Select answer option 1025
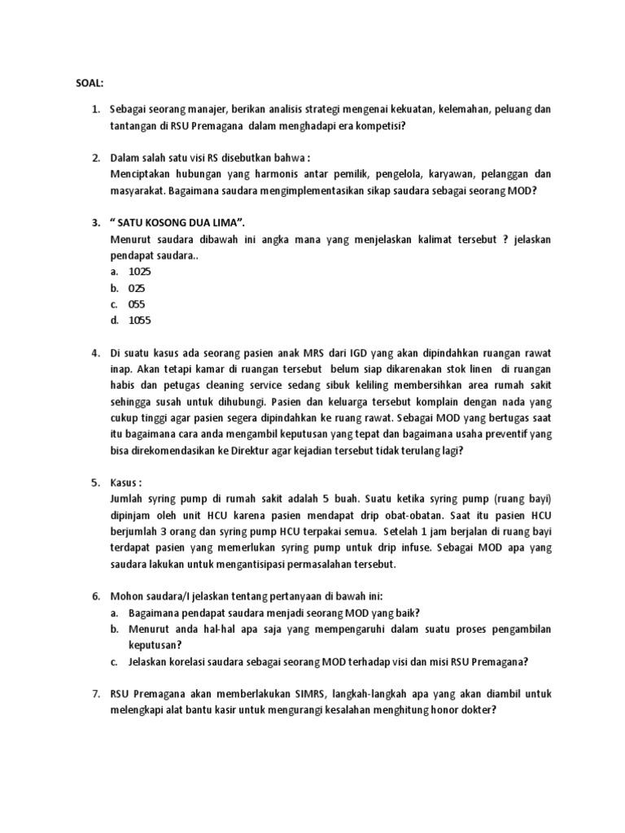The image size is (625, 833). [x=141, y=271]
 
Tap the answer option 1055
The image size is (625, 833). [x=141, y=321]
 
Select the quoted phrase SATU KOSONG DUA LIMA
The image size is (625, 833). [x=173, y=223]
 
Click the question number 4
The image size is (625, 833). [x=94, y=353]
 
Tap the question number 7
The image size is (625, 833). [x=94, y=693]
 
